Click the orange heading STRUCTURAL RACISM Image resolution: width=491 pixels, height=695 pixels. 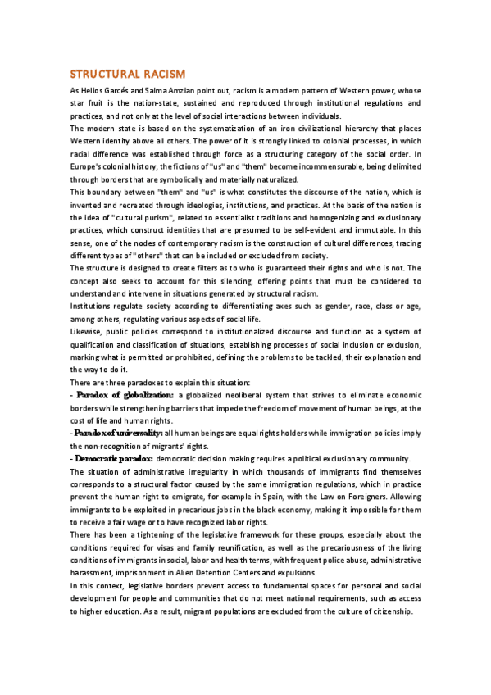coord(127,74)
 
